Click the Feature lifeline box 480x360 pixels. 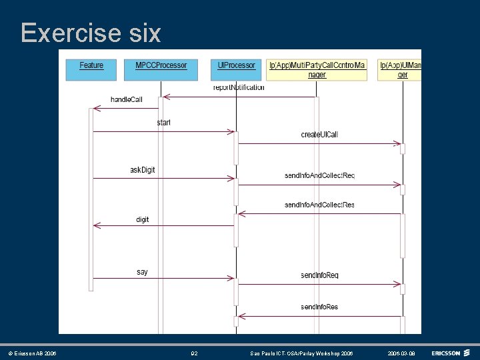tap(91, 69)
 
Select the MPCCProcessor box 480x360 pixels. tap(161, 69)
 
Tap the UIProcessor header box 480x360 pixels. tap(237, 69)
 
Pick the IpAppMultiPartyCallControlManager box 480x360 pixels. tap(317, 70)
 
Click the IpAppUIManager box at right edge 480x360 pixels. tap(400, 70)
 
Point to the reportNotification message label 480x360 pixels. tap(239, 87)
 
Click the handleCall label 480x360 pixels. tap(126, 100)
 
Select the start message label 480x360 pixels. tap(163, 123)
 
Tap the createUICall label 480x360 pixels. tap(319, 135)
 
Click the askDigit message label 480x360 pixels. tap(142, 170)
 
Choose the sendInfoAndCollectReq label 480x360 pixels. tap(319, 175)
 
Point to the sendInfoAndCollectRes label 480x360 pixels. tap(319, 205)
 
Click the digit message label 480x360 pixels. tap(143, 219)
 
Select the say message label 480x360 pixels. tap(142, 272)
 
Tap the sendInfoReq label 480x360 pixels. tap(319, 275)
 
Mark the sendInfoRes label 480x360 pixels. tap(319, 307)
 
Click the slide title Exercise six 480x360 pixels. tap(91, 33)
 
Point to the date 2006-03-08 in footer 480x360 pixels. tap(402, 353)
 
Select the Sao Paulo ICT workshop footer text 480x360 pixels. tap(301, 353)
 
